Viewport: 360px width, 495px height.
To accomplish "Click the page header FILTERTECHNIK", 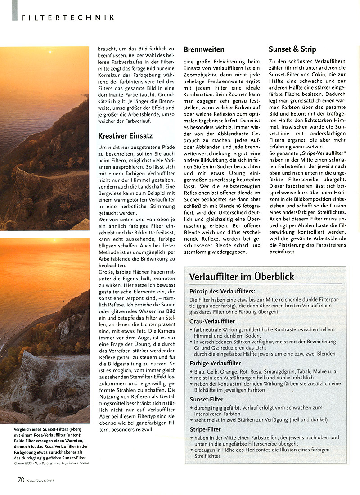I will pos(67,18).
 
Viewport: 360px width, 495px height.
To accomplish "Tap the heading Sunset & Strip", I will pos(292,49).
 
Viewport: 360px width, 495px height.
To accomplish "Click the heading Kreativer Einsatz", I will pos(126,135).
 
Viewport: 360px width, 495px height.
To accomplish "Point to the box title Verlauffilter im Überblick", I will pos(242,276).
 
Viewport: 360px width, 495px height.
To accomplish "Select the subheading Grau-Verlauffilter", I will pos(212,321).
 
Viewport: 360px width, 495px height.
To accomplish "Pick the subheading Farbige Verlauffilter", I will pos(215,363).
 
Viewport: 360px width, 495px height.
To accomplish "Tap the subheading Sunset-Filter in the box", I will pos(207,399).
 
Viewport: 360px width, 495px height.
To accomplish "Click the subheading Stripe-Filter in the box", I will pos(205,429).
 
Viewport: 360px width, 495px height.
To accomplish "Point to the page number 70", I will pos(21,480).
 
